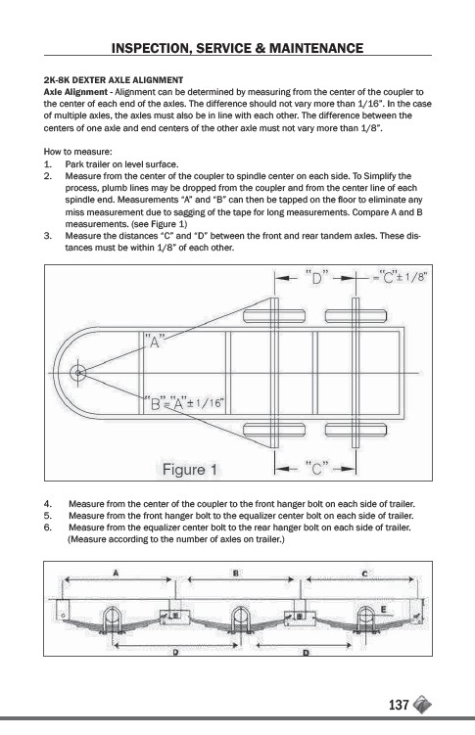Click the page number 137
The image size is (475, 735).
click(x=399, y=705)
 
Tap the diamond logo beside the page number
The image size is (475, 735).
click(x=422, y=705)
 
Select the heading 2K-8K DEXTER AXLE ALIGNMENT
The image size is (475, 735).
click(x=114, y=80)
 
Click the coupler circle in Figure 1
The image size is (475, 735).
click(x=77, y=373)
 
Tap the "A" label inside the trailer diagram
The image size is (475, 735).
click(x=155, y=341)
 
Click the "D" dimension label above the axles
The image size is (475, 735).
click(x=316, y=278)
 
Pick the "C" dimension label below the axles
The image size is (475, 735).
click(x=317, y=468)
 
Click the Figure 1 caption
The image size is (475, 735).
click(x=189, y=469)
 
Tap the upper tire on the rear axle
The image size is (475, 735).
click(x=356, y=316)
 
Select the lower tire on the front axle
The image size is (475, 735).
click(x=274, y=429)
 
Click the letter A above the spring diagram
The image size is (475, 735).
click(x=116, y=572)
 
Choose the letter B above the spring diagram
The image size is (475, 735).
click(x=236, y=573)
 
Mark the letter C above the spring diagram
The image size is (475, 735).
click(x=364, y=573)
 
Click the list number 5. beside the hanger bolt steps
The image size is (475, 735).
click(x=47, y=516)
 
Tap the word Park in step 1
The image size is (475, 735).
click(x=73, y=164)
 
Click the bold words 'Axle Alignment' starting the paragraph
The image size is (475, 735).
click(x=75, y=92)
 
